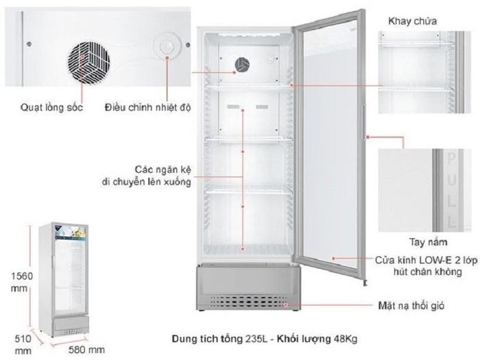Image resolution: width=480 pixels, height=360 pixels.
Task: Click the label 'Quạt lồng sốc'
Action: (x=51, y=107)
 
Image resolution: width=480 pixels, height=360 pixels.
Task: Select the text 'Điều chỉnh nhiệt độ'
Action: (x=147, y=107)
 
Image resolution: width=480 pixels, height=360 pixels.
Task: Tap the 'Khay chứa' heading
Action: (x=412, y=21)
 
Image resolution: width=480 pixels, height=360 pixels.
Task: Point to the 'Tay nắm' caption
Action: (x=429, y=242)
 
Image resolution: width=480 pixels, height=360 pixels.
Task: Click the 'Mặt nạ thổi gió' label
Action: (x=411, y=306)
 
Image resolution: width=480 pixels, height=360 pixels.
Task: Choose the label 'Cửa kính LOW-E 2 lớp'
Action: (x=426, y=260)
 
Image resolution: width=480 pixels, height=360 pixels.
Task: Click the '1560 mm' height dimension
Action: (x=21, y=282)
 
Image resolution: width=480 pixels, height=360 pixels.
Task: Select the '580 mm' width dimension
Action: (x=86, y=350)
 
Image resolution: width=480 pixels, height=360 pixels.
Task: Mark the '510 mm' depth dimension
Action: (x=23, y=344)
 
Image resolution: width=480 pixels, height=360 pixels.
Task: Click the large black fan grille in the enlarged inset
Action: (x=88, y=63)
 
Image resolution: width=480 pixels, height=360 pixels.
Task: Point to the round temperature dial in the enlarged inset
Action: (x=167, y=47)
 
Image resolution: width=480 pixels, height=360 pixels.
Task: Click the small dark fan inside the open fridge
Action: (x=242, y=65)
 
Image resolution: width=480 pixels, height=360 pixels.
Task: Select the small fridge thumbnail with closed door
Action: (x=64, y=280)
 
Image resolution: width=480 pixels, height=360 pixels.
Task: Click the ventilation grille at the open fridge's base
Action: (x=248, y=302)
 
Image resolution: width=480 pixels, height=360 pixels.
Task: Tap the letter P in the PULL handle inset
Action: (x=451, y=158)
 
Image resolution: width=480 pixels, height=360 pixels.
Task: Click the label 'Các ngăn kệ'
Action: (x=163, y=169)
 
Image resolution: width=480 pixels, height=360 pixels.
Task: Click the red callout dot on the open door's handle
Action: (x=368, y=137)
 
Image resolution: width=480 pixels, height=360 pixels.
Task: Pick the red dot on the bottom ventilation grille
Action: (x=285, y=305)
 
